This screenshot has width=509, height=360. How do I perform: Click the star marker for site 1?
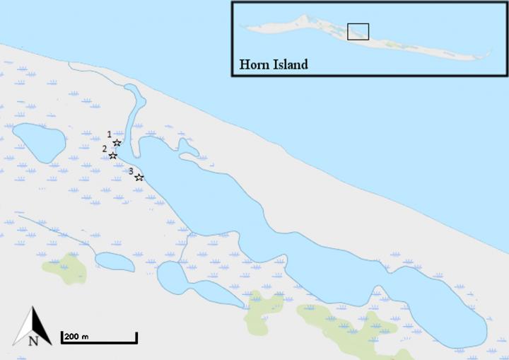coord(117,143)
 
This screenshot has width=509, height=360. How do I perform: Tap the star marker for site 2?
coord(112,155)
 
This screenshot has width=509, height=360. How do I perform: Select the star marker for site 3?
coord(139,177)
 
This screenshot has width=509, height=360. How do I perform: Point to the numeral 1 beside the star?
coord(109,134)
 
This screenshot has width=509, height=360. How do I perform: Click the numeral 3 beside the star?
coord(131,170)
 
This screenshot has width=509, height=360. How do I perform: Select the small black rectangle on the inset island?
coord(358,31)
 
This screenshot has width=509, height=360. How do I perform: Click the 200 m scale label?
coord(76,336)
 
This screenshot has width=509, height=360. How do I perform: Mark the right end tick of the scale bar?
coord(136,337)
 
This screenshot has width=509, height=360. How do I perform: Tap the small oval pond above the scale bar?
coord(115,262)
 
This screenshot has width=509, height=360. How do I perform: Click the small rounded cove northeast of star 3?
coord(187,148)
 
